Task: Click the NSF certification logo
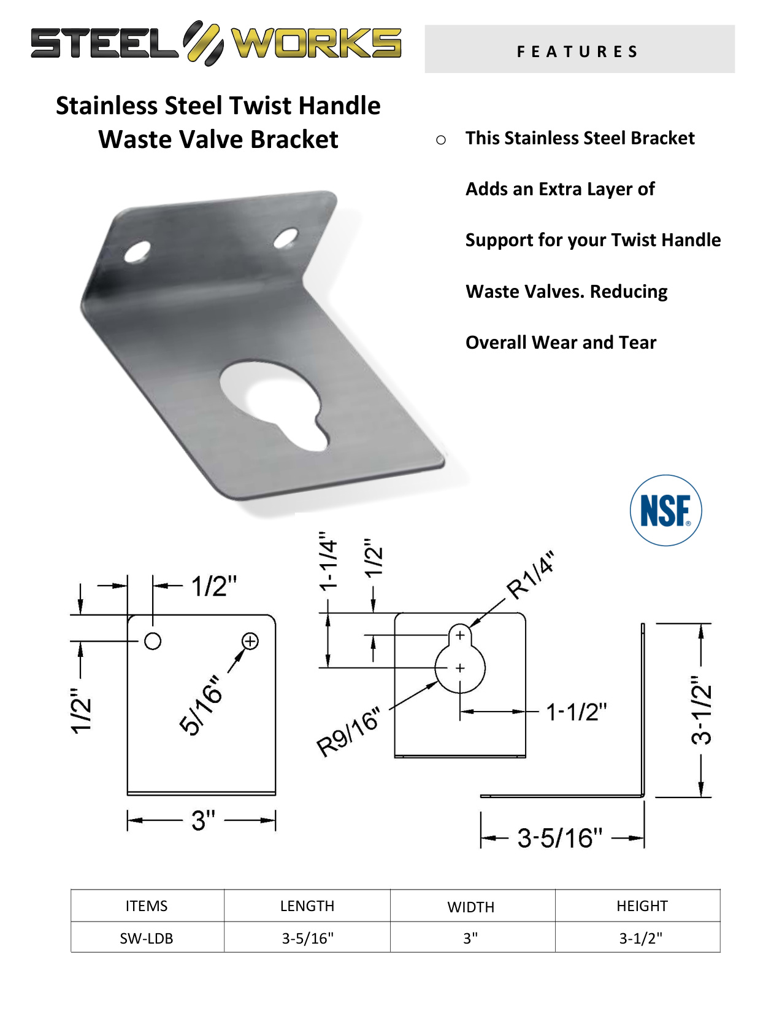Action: [x=665, y=510]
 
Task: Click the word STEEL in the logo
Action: [x=104, y=43]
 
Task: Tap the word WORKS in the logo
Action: [x=316, y=43]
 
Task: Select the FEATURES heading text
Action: [x=577, y=52]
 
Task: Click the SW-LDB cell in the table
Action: [x=146, y=938]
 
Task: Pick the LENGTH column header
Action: [x=307, y=906]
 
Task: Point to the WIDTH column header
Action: [x=470, y=907]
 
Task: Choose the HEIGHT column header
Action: [x=642, y=906]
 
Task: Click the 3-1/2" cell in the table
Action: [x=640, y=938]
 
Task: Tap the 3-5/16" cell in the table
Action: [x=307, y=938]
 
